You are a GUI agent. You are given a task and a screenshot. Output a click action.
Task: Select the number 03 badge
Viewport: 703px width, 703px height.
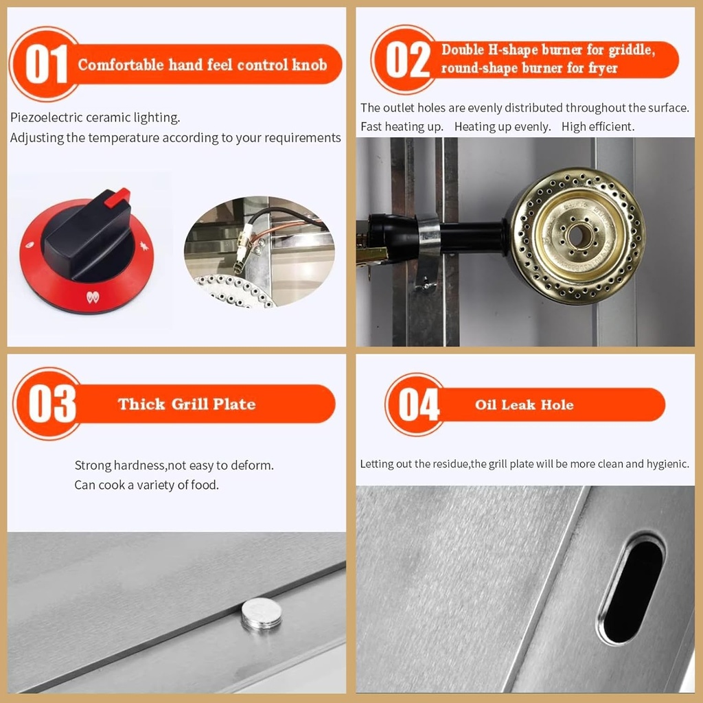tap(51, 404)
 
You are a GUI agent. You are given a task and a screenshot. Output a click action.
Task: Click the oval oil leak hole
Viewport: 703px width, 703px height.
tap(632, 590)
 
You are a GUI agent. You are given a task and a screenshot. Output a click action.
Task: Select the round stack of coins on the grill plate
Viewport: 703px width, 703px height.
tap(262, 613)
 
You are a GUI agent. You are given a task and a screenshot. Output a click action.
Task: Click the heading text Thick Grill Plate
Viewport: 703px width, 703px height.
tap(187, 404)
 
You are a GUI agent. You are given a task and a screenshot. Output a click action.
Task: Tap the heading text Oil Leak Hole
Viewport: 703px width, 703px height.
tap(524, 404)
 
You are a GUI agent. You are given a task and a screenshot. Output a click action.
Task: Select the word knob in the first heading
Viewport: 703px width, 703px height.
tap(310, 65)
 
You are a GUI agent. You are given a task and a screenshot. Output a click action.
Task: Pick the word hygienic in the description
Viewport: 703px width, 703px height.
tap(665, 464)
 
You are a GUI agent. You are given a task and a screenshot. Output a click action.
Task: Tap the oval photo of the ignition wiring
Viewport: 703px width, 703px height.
tap(259, 251)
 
